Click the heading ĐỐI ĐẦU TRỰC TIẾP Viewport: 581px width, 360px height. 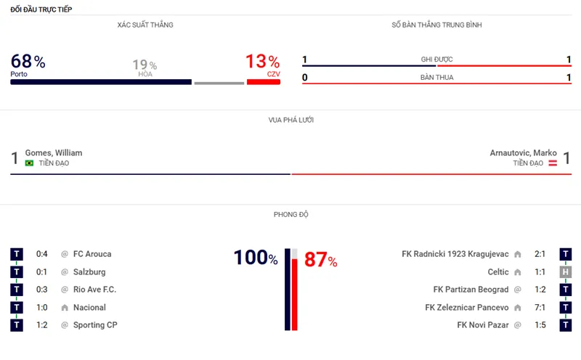point(41,9)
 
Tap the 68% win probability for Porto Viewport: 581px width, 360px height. point(28,62)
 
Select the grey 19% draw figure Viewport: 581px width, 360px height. point(145,65)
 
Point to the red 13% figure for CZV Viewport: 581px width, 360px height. point(262,62)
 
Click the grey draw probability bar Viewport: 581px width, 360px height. point(219,82)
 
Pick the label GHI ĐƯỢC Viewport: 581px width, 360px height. point(436,60)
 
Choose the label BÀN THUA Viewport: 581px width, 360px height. point(436,77)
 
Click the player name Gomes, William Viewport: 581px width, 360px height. point(54,153)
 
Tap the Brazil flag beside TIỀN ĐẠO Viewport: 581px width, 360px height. point(29,163)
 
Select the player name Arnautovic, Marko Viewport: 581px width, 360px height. point(524,153)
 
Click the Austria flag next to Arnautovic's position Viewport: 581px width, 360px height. point(552,163)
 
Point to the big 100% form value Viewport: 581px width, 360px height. point(255,258)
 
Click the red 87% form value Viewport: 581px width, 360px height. point(320,261)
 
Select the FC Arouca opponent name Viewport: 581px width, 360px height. point(92,254)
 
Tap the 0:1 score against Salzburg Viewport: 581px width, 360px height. point(43,272)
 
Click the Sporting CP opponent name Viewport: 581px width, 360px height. point(95,325)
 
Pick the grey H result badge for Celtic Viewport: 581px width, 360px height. point(565,272)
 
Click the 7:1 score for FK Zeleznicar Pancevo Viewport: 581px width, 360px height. point(538,308)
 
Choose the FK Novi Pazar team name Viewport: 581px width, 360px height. point(483,325)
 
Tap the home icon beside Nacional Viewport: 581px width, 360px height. point(64,308)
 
